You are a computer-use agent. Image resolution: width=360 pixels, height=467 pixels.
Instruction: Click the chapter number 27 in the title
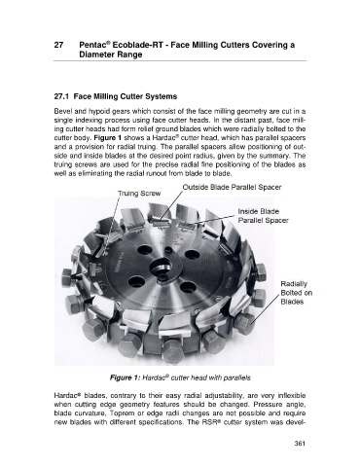coord(58,45)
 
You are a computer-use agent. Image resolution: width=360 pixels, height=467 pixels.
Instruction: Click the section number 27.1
coord(61,96)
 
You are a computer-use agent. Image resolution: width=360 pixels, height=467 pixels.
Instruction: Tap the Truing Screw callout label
coord(139,194)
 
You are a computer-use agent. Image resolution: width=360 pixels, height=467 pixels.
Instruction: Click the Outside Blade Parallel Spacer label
coord(232,187)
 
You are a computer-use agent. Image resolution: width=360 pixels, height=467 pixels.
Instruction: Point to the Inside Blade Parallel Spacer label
coord(264,216)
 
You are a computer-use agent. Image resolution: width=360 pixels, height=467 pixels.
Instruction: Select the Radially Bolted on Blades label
coord(297,293)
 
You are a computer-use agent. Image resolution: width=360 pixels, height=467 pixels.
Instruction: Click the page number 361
coord(300,444)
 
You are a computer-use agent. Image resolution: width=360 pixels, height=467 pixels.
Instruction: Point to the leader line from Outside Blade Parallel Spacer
coord(171,205)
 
